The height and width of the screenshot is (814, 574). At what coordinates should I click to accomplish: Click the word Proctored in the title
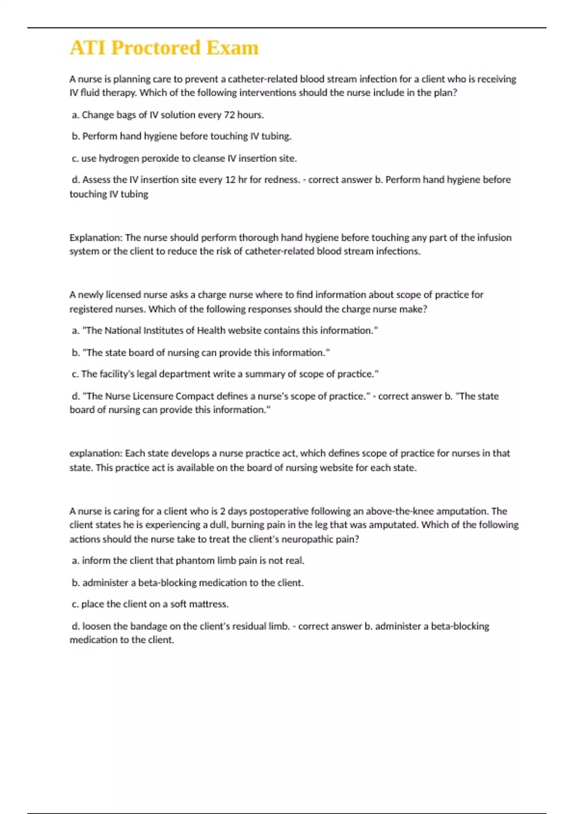(155, 48)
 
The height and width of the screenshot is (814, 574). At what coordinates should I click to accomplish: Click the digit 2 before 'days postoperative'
(223, 511)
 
